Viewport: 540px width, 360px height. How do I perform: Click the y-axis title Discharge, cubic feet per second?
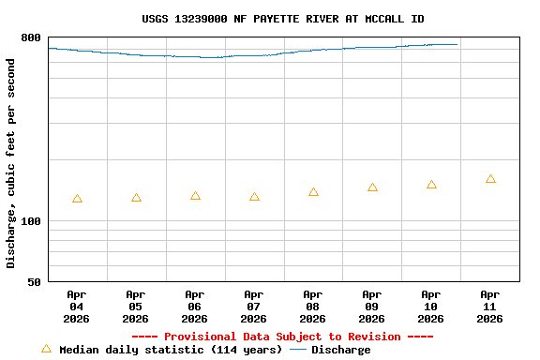[11, 163]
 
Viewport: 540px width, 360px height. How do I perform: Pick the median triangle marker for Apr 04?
[77, 199]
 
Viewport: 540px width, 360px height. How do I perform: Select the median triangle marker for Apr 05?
[136, 198]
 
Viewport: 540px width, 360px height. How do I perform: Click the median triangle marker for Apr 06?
[195, 196]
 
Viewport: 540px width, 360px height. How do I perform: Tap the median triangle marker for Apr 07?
[254, 197]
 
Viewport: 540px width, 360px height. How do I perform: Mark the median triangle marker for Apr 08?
[313, 192]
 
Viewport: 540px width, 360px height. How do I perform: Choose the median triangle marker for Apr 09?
[372, 187]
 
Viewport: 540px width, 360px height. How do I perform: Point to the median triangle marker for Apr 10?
[431, 185]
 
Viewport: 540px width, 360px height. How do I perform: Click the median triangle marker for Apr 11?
[490, 179]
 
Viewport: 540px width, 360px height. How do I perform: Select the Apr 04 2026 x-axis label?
[77, 307]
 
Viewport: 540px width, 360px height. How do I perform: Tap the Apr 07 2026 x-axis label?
[254, 307]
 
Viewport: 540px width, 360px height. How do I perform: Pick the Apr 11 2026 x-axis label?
[490, 307]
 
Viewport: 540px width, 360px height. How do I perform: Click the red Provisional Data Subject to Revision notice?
[282, 337]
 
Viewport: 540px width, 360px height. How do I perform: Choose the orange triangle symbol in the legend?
[46, 349]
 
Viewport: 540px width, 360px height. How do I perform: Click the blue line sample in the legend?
[298, 350]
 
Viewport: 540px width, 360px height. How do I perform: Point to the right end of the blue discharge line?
[457, 44]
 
